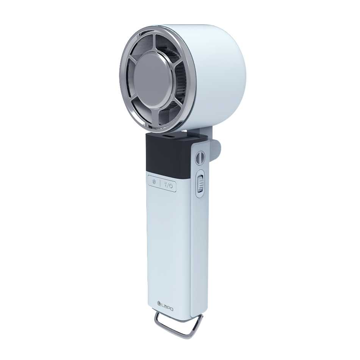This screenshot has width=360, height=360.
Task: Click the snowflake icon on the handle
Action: point(155,182)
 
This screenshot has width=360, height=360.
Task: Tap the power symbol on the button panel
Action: point(171,186)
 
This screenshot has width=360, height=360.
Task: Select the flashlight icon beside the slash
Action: point(165,184)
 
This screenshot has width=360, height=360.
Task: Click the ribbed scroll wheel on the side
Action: point(201,183)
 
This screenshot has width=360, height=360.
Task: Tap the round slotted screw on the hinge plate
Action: point(199,158)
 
